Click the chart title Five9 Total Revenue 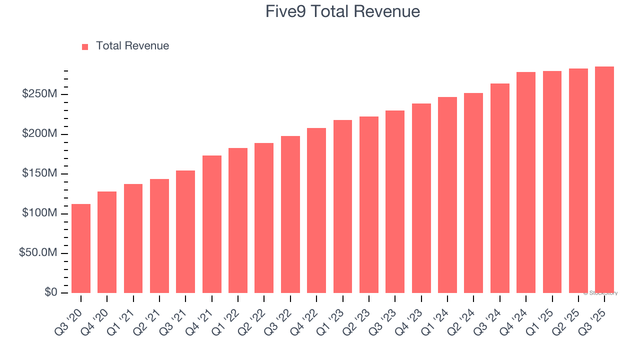(x=342, y=11)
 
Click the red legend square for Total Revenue (x=85, y=46)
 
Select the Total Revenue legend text (x=132, y=46)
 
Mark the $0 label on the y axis (x=50, y=292)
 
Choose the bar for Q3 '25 (x=604, y=179)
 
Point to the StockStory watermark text (x=600, y=293)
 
